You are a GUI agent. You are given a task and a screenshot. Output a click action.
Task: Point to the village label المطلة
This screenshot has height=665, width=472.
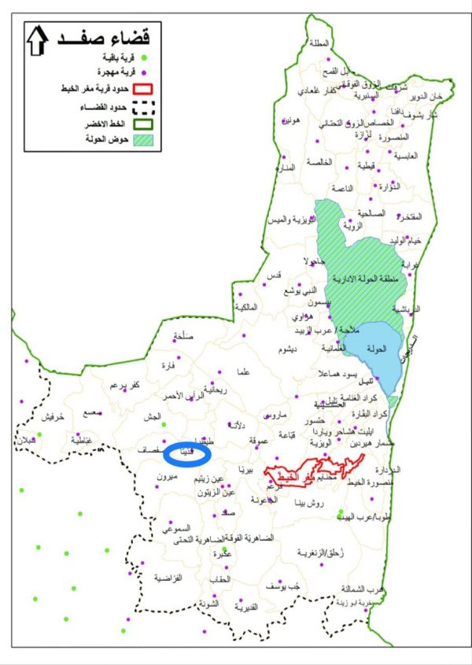pos(322,43)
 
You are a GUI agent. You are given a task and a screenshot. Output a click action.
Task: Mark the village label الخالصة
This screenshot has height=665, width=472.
pos(319,162)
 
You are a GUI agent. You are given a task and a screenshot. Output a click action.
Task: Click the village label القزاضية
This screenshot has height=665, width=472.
pos(168,577)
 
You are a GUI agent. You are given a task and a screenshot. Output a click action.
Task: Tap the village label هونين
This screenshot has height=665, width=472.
pos(290,120)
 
